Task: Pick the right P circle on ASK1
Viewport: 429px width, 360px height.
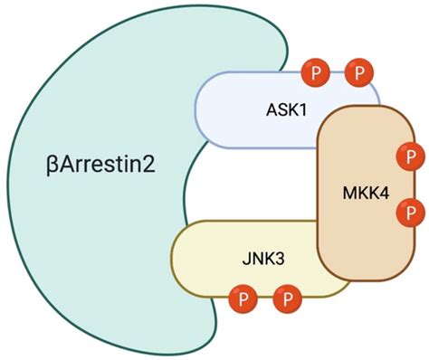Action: coord(359,71)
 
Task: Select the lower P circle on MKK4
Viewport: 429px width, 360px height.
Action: coord(413,213)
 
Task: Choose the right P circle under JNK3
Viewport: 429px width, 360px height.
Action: coord(287,296)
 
